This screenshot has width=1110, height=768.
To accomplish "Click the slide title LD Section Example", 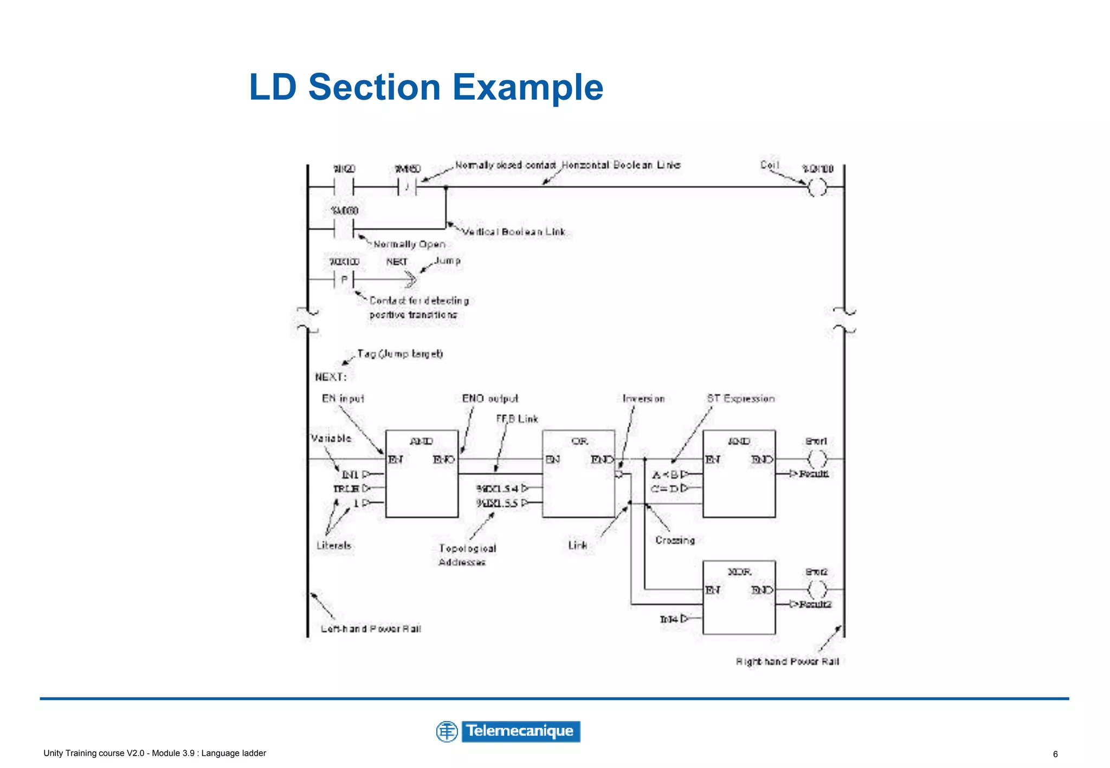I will (426, 87).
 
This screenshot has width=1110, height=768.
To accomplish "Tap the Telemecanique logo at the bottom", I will (508, 731).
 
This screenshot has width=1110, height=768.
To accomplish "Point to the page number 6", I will (1055, 754).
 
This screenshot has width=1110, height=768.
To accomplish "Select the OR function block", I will (578, 473).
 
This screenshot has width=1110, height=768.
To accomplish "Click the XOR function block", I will (739, 597).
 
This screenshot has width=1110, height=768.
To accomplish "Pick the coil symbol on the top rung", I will (817, 187).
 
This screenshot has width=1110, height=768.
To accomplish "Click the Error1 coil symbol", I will (817, 459).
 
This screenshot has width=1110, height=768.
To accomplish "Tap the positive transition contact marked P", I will (344, 280).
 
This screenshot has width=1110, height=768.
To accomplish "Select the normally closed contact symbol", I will (407, 187).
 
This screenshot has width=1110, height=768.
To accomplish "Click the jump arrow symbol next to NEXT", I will (410, 280).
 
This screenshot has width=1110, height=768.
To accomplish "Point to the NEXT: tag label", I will (331, 377).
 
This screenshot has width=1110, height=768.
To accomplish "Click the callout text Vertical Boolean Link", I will (513, 232).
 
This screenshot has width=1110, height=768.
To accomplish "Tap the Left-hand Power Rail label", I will (371, 629).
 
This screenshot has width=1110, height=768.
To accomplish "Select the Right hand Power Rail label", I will (787, 661).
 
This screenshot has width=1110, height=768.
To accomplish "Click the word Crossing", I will (675, 540).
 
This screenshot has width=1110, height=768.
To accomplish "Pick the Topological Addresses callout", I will (467, 555).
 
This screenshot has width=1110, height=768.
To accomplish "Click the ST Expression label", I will (740, 399).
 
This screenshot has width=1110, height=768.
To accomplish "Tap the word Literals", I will (334, 545).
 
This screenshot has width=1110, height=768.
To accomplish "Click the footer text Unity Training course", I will (154, 753).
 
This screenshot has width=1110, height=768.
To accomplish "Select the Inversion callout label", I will (643, 399).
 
